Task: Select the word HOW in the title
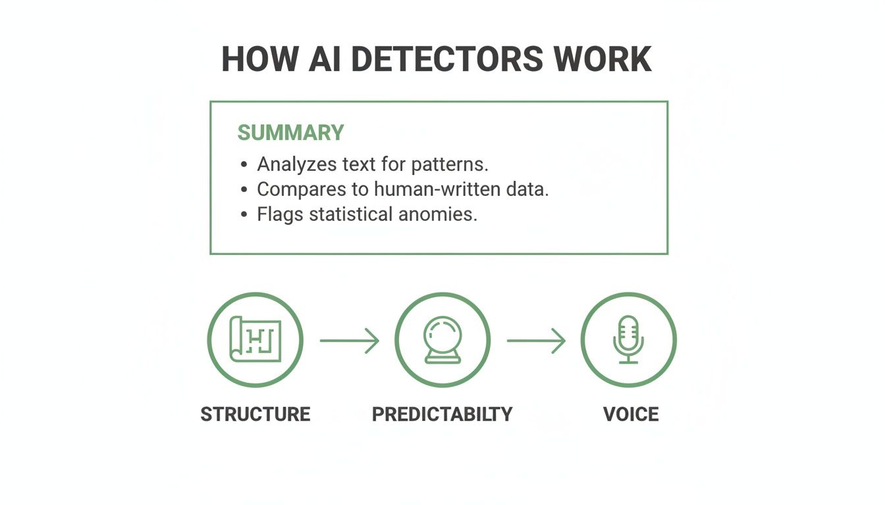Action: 254,60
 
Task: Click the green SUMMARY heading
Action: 290,133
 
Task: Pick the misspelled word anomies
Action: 437,214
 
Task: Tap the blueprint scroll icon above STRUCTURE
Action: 255,340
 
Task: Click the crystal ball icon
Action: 443,340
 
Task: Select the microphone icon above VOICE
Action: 628,340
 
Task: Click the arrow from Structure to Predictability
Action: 350,341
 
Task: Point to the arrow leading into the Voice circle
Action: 536,341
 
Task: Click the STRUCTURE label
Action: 255,414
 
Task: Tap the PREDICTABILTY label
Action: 442,414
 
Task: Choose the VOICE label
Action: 630,414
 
